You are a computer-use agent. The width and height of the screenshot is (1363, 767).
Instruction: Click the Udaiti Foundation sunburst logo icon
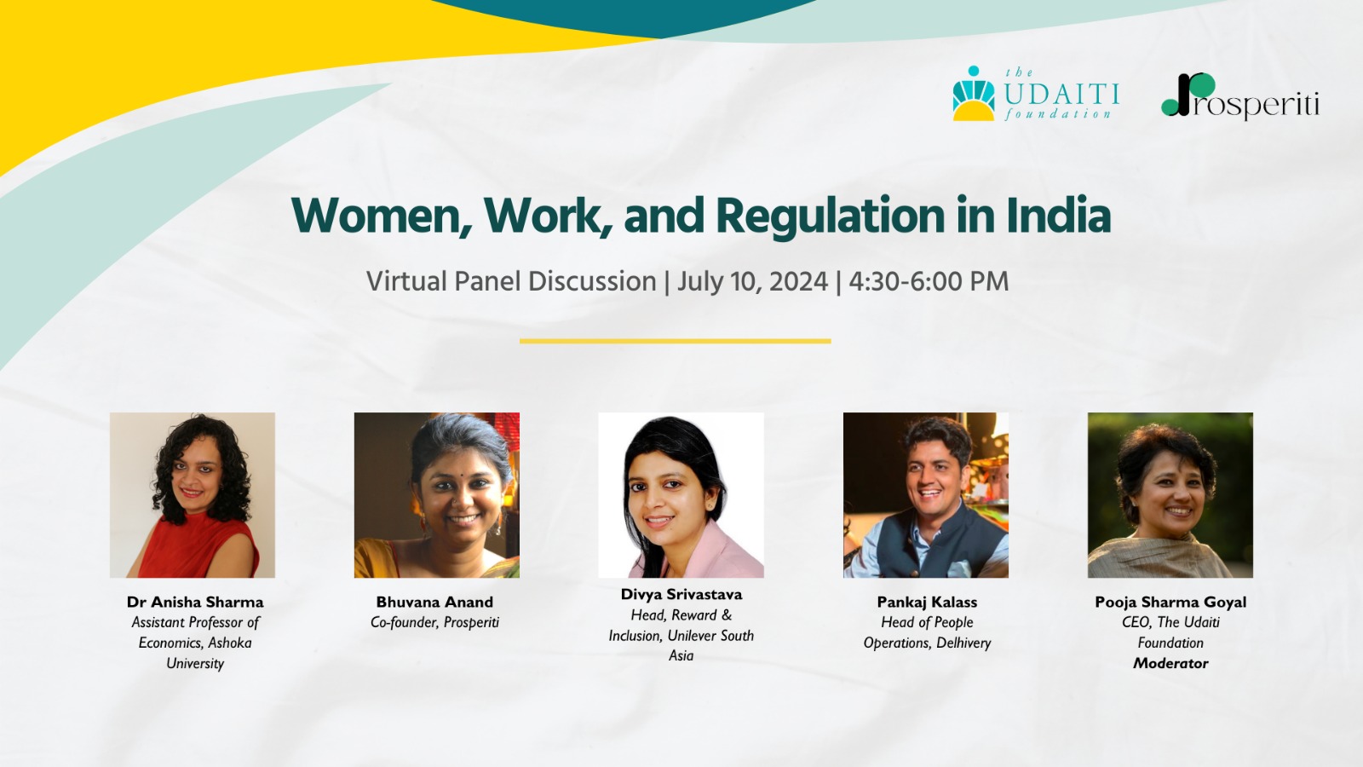point(974,94)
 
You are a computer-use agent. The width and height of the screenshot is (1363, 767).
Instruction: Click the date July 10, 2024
point(753,282)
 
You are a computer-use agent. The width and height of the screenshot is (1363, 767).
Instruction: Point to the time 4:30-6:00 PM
point(929,281)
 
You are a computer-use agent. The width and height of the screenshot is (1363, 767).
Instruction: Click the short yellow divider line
point(676,341)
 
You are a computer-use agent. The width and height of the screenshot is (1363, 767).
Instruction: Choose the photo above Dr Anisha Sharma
point(193,495)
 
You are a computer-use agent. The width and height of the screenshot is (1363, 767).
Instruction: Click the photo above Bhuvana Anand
point(437,495)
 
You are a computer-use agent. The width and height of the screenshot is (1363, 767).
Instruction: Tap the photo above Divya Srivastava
point(681,495)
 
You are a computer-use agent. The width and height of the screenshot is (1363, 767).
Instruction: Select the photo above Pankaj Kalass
point(925,495)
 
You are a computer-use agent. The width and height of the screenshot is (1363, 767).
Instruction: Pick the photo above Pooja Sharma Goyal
point(1170,495)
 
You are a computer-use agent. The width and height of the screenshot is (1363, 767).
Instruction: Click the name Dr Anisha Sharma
point(195,602)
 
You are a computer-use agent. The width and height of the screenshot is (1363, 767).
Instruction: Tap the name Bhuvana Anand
point(434,602)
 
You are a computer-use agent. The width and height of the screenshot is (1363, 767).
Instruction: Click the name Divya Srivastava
point(681,595)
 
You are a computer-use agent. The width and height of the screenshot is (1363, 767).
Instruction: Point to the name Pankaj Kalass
point(928,602)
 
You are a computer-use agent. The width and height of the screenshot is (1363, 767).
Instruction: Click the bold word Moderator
point(1170,664)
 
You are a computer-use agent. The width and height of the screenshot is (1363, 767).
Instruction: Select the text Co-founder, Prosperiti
point(434,623)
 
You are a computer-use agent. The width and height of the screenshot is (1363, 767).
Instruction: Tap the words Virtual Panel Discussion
point(511,282)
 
